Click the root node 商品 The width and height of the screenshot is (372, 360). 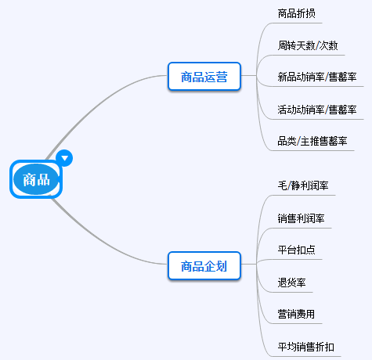point(36,179)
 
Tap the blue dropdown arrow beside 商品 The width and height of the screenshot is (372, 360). point(66,158)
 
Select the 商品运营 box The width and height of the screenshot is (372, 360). point(204,77)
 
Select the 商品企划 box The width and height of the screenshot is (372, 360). point(204,266)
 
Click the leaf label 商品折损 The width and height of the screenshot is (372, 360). point(298,14)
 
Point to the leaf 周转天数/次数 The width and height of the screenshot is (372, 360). point(308,45)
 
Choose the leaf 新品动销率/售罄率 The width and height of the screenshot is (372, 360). point(317,77)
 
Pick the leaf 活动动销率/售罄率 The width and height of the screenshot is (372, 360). point(317,110)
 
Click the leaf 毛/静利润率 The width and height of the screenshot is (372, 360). point(303,186)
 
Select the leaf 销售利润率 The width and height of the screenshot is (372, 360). point(302,218)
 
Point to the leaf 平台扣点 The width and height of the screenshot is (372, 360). point(297,250)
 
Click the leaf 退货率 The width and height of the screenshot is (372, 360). point(292,283)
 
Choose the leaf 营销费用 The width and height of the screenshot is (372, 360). point(297,315)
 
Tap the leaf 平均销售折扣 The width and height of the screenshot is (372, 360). point(306,347)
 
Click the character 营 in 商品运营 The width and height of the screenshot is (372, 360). point(222,77)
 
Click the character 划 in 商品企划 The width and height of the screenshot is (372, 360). point(222,266)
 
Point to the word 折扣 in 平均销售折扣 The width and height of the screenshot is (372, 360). point(325,347)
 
